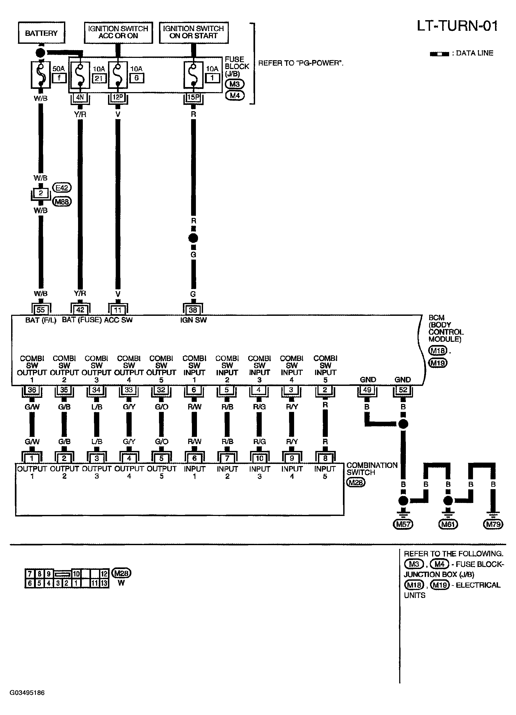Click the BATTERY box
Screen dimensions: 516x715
[x=41, y=32]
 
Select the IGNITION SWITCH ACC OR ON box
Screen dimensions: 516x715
[x=118, y=32]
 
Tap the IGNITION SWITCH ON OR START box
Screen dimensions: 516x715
[x=193, y=32]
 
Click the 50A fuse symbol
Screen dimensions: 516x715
[x=40, y=75]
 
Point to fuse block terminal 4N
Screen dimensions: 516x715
[x=80, y=97]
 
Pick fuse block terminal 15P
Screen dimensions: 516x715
[x=193, y=97]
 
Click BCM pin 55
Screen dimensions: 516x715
[x=41, y=309]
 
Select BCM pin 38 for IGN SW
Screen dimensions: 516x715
[x=193, y=309]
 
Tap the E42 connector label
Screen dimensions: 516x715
[x=62, y=188]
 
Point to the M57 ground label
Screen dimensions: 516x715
[x=403, y=524]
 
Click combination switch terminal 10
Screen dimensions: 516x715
[x=259, y=458]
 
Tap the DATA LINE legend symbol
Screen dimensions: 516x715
[x=439, y=54]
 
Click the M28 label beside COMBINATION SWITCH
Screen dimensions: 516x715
[x=356, y=482]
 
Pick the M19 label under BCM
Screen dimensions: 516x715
[x=438, y=363]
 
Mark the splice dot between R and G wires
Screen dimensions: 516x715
[x=193, y=238]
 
